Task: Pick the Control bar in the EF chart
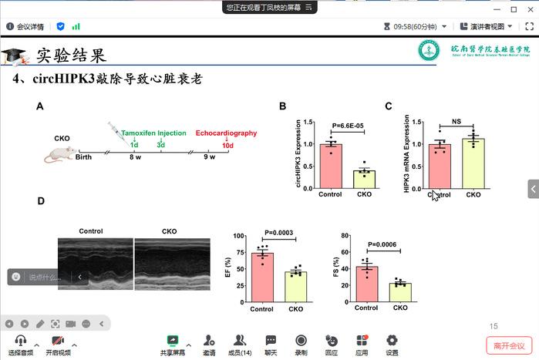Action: point(262,277)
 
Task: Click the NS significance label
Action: point(456,121)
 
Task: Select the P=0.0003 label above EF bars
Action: point(280,232)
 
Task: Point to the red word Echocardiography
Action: point(226,133)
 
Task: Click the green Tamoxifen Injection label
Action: point(153,133)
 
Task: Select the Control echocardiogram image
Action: point(96,263)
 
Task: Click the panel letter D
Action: point(41,201)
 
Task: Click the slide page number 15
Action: point(494,326)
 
